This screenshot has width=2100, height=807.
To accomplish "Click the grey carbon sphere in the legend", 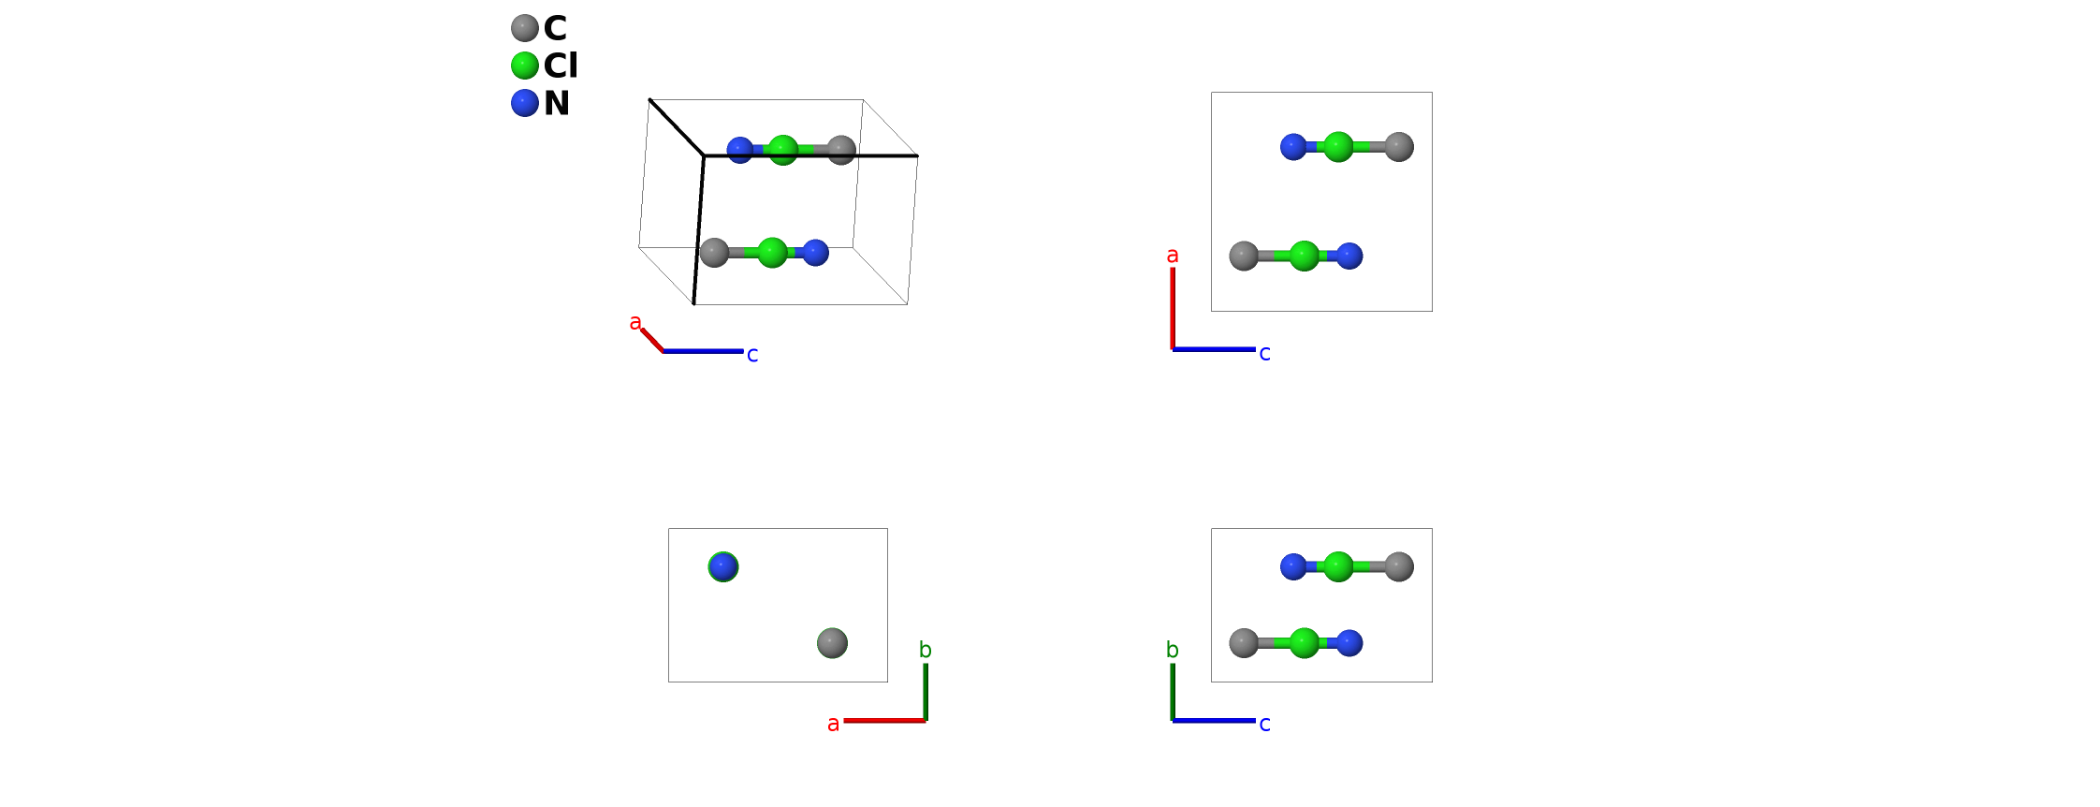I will pyautogui.click(x=525, y=28).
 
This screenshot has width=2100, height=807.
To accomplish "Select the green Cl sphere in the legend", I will pyautogui.click(x=525, y=66).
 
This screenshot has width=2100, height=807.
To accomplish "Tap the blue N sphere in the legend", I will pyautogui.click(x=525, y=103).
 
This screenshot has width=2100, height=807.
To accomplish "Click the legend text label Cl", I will pyautogui.click(x=561, y=66).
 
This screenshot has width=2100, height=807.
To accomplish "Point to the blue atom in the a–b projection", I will pyautogui.click(x=723, y=566).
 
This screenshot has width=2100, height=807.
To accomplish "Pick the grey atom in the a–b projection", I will pyautogui.click(x=832, y=643).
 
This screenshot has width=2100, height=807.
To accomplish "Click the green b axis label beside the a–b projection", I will pyautogui.click(x=925, y=650).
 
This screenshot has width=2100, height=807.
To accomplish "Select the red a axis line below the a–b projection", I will pyautogui.click(x=884, y=721).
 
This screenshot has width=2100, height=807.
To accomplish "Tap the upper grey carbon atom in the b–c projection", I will pyautogui.click(x=1399, y=566).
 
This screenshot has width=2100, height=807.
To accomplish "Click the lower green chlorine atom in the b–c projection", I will pyautogui.click(x=1304, y=643).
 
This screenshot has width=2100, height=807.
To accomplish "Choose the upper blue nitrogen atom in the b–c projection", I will pyautogui.click(x=1293, y=566).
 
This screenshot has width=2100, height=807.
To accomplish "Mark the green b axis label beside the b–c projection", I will pyautogui.click(x=1172, y=650).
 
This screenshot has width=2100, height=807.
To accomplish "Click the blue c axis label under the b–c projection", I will pyautogui.click(x=1264, y=724).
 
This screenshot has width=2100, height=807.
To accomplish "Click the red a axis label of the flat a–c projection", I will pyautogui.click(x=1172, y=256).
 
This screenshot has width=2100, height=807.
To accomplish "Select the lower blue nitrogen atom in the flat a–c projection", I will pyautogui.click(x=1349, y=256).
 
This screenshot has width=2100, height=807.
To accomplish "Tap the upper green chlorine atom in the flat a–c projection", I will pyautogui.click(x=1338, y=147).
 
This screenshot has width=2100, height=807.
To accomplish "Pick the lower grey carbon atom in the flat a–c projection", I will pyautogui.click(x=1244, y=256).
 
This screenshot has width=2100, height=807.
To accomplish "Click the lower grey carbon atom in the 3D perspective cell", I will pyautogui.click(x=714, y=252).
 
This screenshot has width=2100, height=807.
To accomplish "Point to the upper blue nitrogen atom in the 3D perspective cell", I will pyautogui.click(x=739, y=150).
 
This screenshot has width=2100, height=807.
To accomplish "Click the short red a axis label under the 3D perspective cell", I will pyautogui.click(x=635, y=323).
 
